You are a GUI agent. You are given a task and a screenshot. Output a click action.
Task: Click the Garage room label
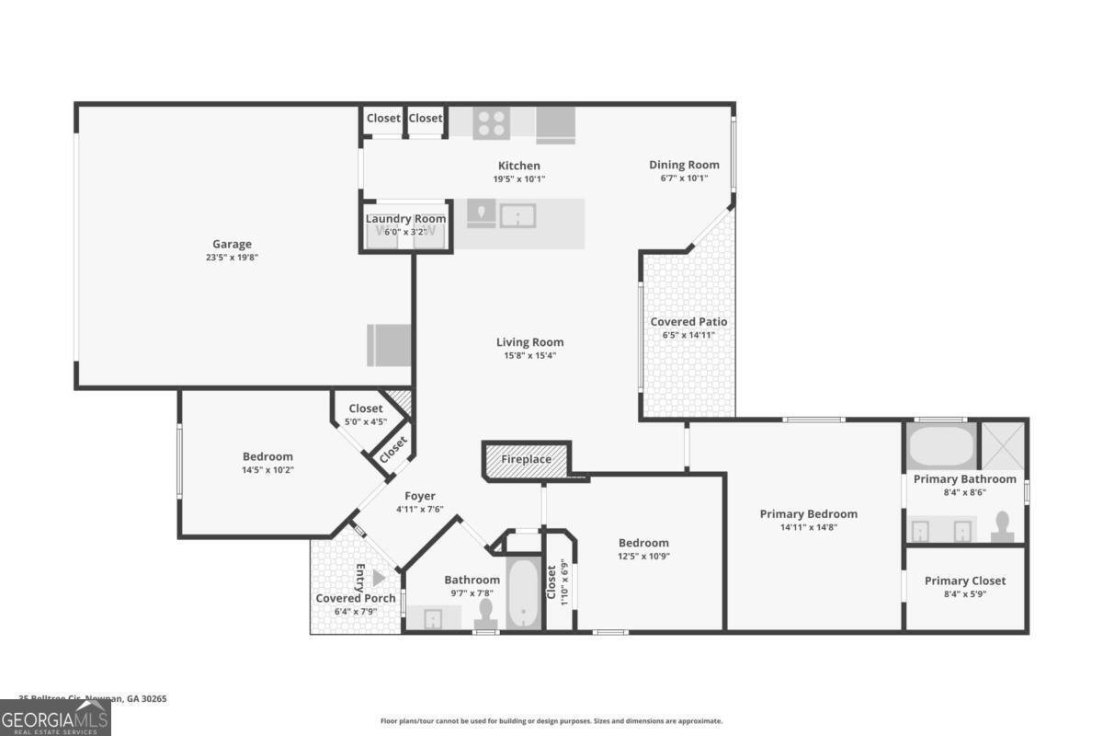pos(232,244)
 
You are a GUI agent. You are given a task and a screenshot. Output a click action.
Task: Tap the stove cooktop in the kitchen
pos(491,123)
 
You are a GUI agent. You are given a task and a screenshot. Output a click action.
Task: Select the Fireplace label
pos(526,459)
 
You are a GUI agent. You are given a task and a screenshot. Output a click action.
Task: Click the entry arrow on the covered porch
pos(378,577)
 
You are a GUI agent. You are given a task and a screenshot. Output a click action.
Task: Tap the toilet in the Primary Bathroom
pos(1003,527)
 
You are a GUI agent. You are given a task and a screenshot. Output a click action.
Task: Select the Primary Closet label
pos(964,581)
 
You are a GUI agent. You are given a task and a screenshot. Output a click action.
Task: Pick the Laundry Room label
pos(405,218)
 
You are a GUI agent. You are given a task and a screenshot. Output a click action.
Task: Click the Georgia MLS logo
pos(55,718)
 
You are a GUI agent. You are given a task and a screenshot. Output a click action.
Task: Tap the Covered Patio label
pos(688,321)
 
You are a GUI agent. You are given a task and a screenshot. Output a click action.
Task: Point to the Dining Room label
pos(684,165)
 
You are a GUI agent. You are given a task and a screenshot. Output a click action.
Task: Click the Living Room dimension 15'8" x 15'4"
pos(529,355)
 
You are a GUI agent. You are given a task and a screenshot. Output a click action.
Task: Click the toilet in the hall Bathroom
pos(484,615)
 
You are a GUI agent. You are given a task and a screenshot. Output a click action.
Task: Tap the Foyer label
pos(420,496)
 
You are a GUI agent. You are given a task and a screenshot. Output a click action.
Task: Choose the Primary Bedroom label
pos(808,513)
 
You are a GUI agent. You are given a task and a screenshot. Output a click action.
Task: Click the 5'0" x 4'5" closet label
pos(365,422)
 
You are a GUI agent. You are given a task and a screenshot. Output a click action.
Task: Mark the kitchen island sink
pos(517,216)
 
